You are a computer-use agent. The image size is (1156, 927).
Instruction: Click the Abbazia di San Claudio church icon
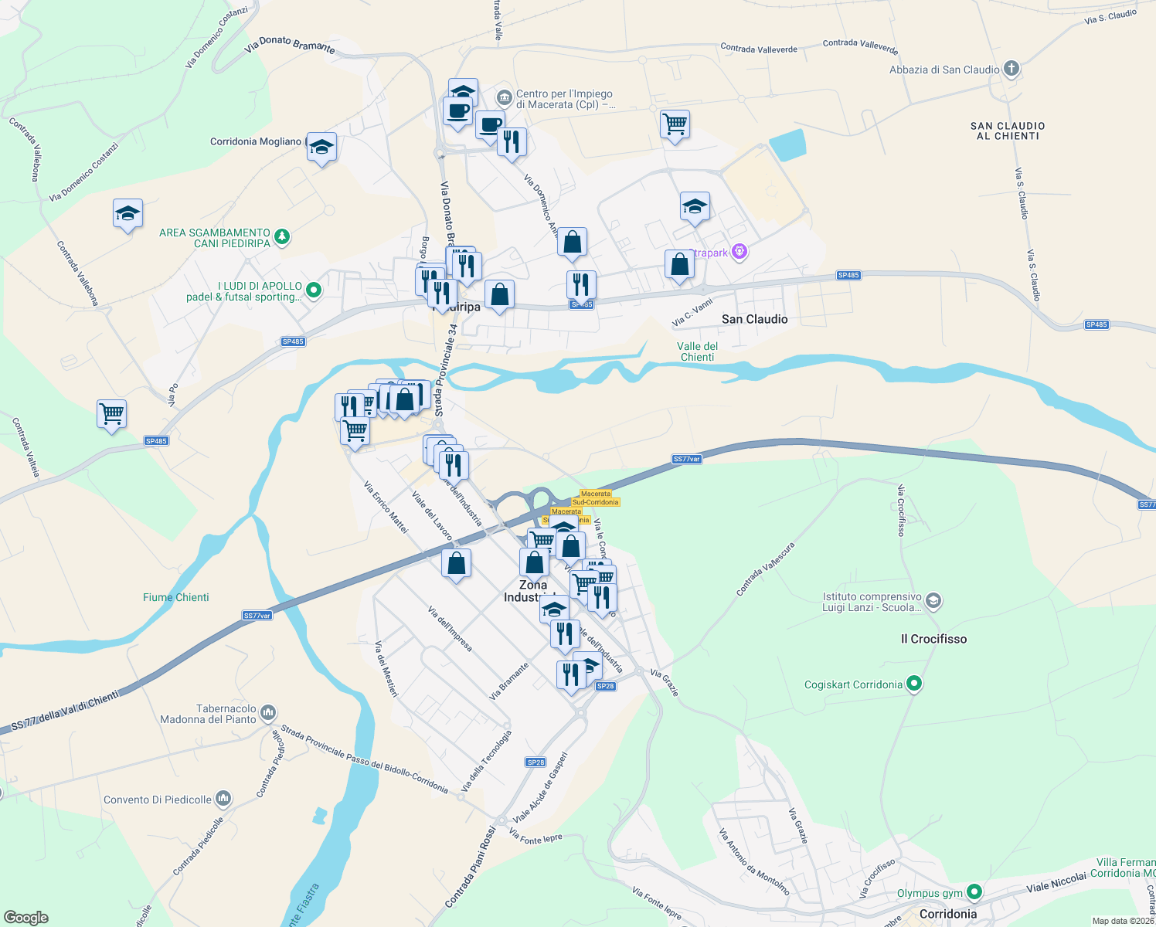pos(1011,70)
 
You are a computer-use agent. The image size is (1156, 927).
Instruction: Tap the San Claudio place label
pos(754,319)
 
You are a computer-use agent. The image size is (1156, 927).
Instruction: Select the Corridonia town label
pos(948,914)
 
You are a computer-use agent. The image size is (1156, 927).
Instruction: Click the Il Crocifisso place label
pos(933,639)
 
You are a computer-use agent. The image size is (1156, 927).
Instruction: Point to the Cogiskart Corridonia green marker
pos(914,684)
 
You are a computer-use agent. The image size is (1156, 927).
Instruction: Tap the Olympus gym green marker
pos(974,893)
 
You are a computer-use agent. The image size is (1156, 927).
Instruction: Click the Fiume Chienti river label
pos(176,597)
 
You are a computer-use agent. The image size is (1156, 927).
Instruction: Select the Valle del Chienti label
pos(697,351)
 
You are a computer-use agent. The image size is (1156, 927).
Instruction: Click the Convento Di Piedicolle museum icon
pos(223,798)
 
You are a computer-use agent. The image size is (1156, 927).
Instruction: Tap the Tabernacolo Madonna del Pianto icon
pos(268,712)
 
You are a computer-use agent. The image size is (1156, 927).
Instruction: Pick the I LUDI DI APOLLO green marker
pos(313,290)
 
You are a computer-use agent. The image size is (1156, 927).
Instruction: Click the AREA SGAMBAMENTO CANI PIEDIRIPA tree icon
pos(282,236)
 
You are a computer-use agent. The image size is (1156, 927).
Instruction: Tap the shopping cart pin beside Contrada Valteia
pos(112,414)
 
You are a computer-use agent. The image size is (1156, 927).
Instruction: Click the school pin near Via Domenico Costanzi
pos(127,214)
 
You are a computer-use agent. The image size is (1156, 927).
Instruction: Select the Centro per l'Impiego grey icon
pos(504,97)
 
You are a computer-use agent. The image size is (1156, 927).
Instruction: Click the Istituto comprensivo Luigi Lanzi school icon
pos(933,600)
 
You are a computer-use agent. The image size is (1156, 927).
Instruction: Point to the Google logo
pos(26,918)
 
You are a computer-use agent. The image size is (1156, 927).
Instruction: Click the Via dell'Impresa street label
pos(450,629)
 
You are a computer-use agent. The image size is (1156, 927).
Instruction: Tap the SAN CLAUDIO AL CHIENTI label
pos(1008,131)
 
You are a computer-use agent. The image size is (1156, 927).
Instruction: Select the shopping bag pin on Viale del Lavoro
pos(457,563)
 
